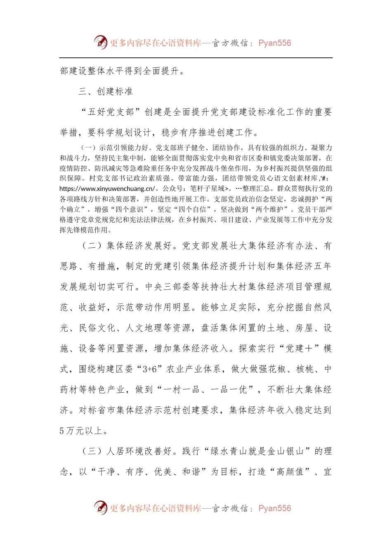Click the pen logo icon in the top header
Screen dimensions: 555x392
100,42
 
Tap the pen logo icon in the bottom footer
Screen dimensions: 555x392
100,508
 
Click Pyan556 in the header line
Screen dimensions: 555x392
274,43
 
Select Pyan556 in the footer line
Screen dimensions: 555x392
274,508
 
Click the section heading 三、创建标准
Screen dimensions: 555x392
106,91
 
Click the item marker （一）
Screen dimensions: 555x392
88,147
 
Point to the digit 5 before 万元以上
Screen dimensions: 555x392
62,431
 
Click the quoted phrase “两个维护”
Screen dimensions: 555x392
272,209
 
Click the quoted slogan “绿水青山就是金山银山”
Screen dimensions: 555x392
257,451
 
